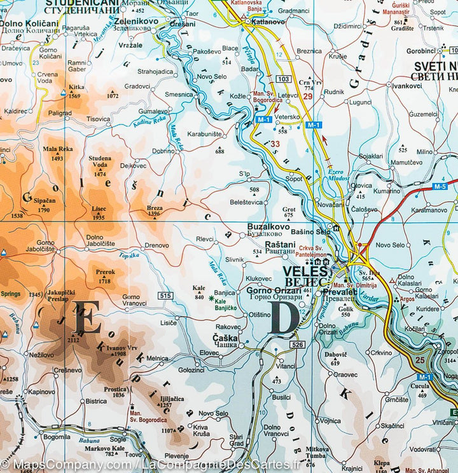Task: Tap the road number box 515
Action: click(166, 295)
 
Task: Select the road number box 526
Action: click(296, 345)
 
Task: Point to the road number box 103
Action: click(283, 79)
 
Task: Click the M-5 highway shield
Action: click(440, 186)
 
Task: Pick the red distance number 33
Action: click(275, 144)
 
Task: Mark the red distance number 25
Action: click(419, 360)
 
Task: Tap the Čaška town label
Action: click(225, 338)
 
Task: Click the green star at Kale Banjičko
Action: click(211, 298)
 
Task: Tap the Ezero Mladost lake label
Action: click(338, 175)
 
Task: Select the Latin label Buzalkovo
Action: click(268, 226)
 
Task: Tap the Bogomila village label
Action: click(57, 437)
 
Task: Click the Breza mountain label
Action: click(155, 207)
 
